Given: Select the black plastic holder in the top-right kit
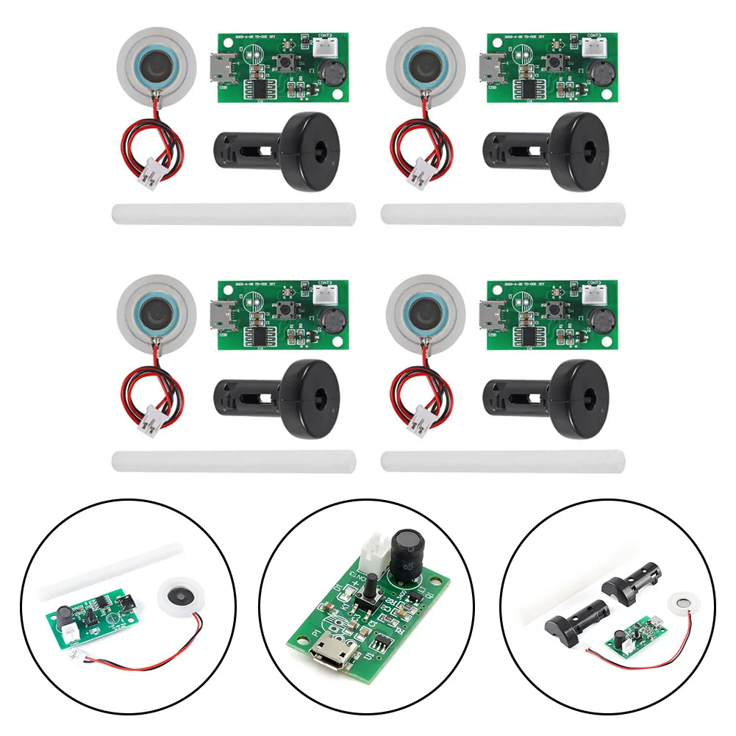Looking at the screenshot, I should point(559,151).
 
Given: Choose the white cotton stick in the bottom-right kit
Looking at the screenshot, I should point(504,462).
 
